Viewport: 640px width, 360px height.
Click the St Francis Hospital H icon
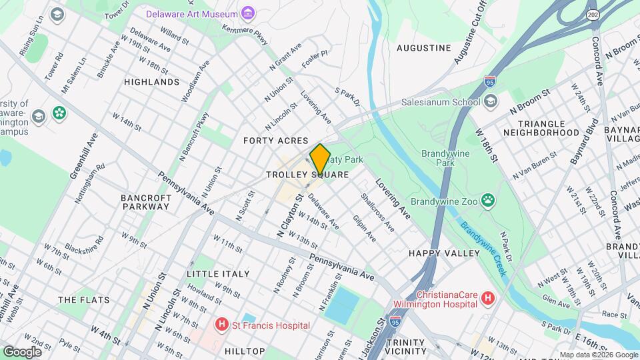pyautogui.click(x=221, y=325)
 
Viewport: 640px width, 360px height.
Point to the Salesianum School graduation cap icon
pyautogui.click(x=491, y=102)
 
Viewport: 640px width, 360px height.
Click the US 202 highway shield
pyautogui.click(x=592, y=14)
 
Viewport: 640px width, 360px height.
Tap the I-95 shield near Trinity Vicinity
pyautogui.click(x=397, y=321)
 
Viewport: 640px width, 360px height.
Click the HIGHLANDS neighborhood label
pyautogui.click(x=152, y=82)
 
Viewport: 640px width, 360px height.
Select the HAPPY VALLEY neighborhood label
pyautogui.click(x=444, y=253)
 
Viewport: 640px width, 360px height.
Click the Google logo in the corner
pyautogui.click(x=22, y=351)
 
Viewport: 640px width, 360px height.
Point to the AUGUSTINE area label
pyautogui.click(x=423, y=48)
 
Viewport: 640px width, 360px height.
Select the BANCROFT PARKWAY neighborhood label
pyautogui.click(x=145, y=202)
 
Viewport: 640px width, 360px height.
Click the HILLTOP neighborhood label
pyautogui.click(x=245, y=350)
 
